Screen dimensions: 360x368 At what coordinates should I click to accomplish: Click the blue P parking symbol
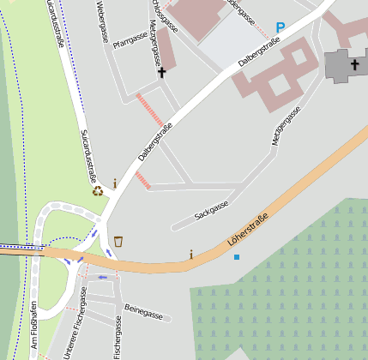[x=281, y=28]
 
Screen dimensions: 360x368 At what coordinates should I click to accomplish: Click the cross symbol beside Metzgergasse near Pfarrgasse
[x=161, y=74]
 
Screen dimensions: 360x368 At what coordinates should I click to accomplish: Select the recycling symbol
[x=98, y=189]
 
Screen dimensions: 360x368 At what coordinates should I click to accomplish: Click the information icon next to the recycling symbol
[x=114, y=183]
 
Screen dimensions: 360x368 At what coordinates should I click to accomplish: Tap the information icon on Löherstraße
[x=190, y=254]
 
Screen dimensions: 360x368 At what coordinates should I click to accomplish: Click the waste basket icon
[x=118, y=241]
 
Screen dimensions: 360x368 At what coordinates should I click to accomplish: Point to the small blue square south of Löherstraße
[x=237, y=257]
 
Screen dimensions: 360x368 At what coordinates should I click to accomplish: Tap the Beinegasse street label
[x=143, y=312]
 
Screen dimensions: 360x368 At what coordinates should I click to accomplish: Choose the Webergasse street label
[x=102, y=21]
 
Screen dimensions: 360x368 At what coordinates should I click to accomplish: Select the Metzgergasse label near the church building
[x=287, y=126]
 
